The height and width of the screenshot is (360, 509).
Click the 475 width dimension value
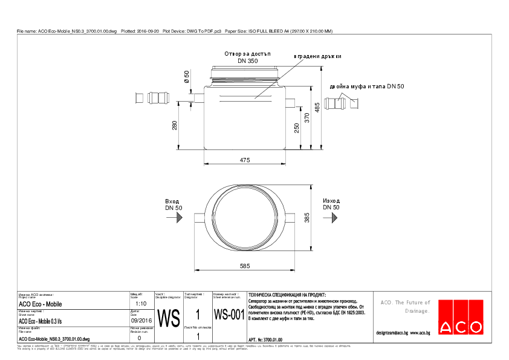pos(244,160)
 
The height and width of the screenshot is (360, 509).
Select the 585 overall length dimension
pos(244,266)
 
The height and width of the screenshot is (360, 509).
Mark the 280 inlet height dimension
pos(175,125)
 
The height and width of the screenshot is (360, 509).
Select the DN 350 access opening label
pos(247,61)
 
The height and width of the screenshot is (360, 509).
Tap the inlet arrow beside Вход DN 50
pos(178,217)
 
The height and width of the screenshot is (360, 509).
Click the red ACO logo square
pos(461,317)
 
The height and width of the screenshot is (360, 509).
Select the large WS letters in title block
pos(169,318)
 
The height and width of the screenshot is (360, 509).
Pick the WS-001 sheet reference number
pos(229,315)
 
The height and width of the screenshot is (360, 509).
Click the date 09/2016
pos(141,321)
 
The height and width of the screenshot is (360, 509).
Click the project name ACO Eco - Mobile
pos(40,304)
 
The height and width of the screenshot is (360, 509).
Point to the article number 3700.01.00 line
pos(265,340)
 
